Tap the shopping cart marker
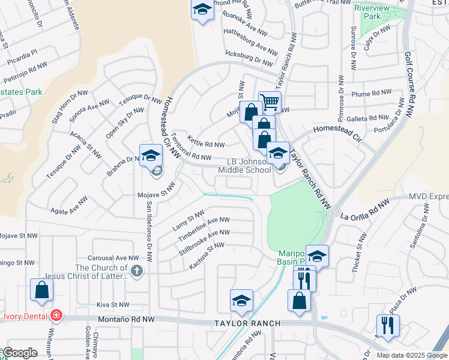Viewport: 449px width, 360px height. [270, 102]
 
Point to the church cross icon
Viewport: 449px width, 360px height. [137, 271]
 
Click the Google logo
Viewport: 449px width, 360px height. [20, 353]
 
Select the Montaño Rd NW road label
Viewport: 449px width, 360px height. [126, 321]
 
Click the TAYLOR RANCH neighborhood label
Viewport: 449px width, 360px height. [247, 323]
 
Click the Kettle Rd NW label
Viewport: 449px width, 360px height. [205, 144]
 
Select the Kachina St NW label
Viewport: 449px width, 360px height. [207, 255]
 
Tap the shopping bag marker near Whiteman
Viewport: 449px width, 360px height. [42, 290]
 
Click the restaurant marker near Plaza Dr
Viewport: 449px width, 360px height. [388, 326]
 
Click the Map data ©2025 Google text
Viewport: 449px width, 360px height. [412, 355]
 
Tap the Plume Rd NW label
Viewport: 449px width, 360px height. [372, 94]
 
